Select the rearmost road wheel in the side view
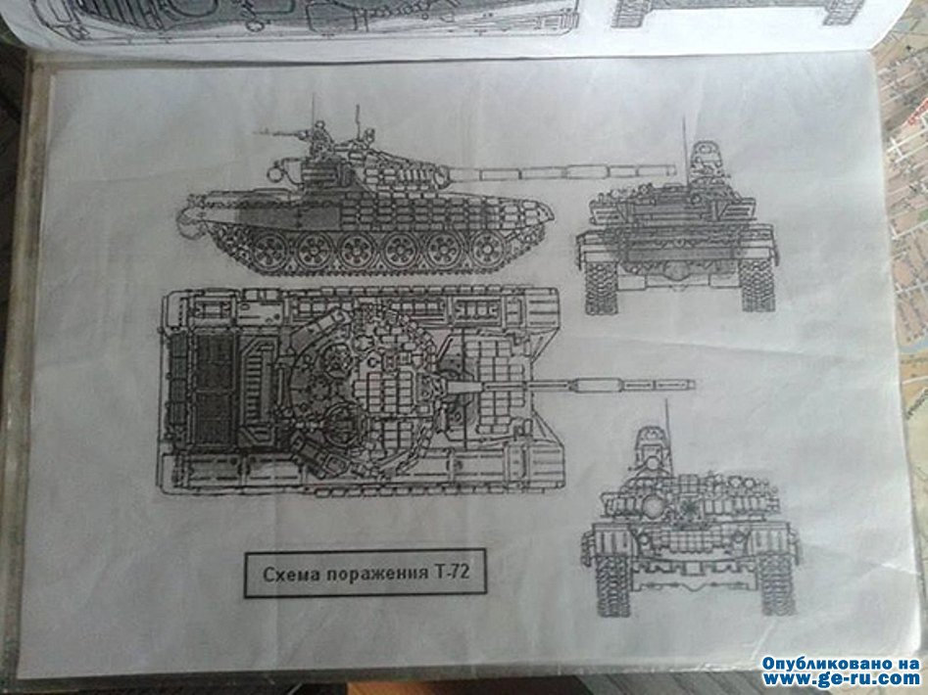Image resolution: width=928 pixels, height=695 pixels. tap(269, 250)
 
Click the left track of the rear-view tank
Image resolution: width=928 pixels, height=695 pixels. tap(600, 287)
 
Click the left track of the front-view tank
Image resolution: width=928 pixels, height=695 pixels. tap(613, 583)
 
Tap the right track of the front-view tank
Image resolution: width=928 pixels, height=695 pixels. tap(776, 583)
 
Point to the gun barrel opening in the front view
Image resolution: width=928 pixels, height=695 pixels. tap(654, 506)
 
